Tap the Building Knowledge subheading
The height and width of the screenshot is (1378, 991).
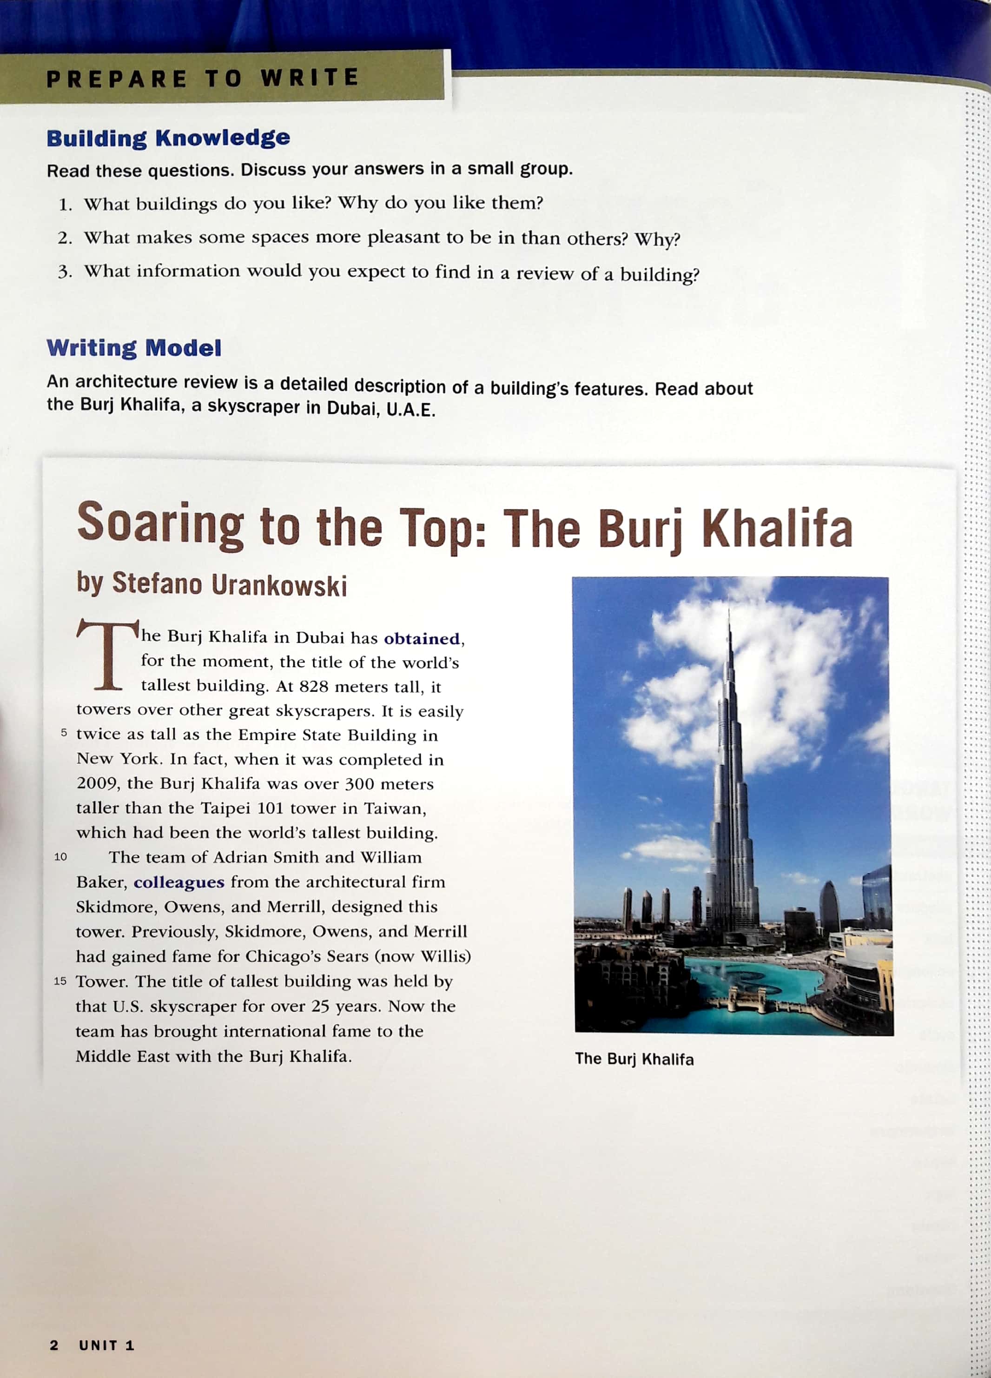coord(168,138)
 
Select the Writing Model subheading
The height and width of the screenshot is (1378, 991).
coord(134,348)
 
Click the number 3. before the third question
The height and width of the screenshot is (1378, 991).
coord(65,272)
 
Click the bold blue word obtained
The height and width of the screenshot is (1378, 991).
coord(422,639)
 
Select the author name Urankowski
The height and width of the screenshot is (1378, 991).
coord(279,585)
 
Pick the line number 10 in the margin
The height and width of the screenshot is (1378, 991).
coord(61,857)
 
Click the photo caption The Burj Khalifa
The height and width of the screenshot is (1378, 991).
coord(634,1059)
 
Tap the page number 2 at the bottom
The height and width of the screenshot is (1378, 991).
coord(53,1345)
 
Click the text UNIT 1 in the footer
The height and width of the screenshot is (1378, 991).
coord(106,1345)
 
